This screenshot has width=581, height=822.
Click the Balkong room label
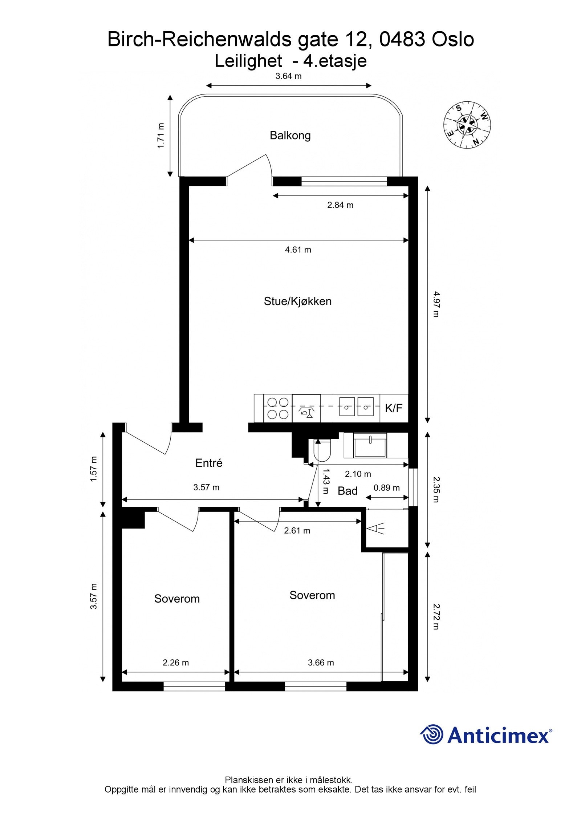click(290, 135)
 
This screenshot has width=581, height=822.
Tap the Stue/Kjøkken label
click(297, 301)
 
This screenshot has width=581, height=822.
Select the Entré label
click(208, 463)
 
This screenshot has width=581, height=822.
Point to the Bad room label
click(348, 491)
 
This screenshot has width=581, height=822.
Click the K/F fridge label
click(394, 408)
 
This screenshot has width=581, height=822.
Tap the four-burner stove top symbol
click(278, 408)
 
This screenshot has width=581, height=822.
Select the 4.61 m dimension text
click(298, 250)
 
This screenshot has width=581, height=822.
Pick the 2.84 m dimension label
click(340, 205)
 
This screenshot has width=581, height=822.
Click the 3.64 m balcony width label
click(289, 76)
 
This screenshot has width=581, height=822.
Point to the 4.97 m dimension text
click(436, 304)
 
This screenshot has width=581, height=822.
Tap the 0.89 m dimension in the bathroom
click(387, 488)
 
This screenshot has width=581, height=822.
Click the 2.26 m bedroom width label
click(176, 663)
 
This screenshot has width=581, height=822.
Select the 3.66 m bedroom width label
click(321, 663)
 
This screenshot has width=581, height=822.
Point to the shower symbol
click(375, 528)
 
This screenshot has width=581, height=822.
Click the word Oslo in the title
click(452, 39)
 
